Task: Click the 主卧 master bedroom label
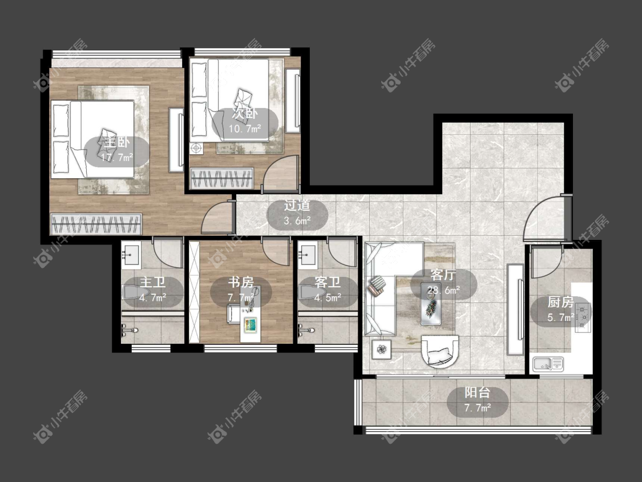[x=116, y=143]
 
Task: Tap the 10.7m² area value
[x=245, y=129]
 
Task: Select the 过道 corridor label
[x=297, y=206]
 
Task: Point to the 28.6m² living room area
[x=444, y=291]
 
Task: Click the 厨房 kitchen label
[x=560, y=302]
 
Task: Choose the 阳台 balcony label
[x=478, y=393]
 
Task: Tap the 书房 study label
[x=241, y=282]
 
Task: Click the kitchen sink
[x=548, y=364]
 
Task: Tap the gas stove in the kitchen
[x=583, y=316]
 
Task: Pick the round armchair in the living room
[x=440, y=351]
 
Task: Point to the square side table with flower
[x=382, y=350]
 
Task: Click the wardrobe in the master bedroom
[x=96, y=224]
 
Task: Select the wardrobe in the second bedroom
[x=222, y=178]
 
